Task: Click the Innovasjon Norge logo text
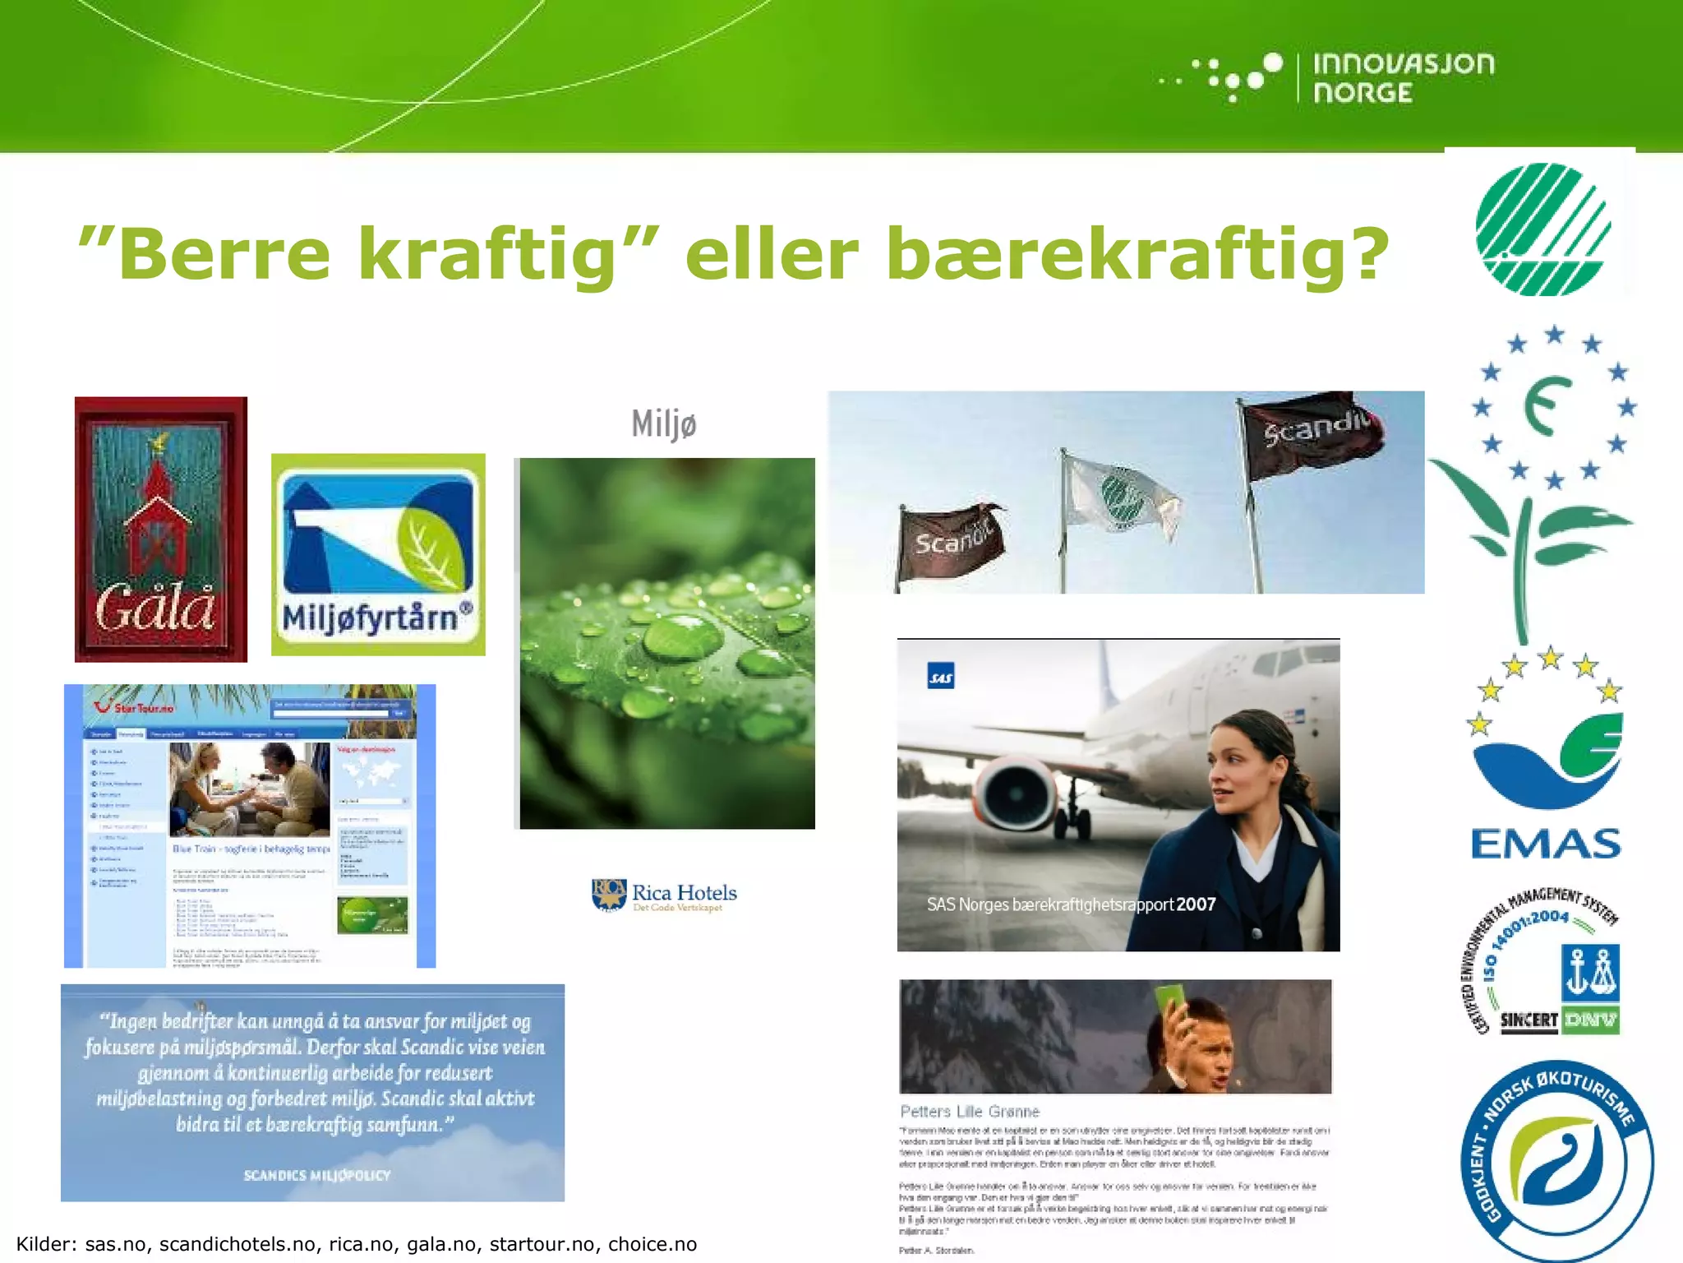pyautogui.click(x=1403, y=78)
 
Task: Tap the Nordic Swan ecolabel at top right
pyautogui.click(x=1542, y=229)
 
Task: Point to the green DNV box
pyautogui.click(x=1590, y=1020)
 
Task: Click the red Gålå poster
pyautogui.click(x=161, y=530)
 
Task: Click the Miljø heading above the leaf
pyautogui.click(x=664, y=424)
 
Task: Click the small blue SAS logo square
pyautogui.click(x=940, y=676)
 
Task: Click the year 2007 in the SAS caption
pyautogui.click(x=1196, y=904)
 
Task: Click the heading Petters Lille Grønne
pyautogui.click(x=970, y=1112)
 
